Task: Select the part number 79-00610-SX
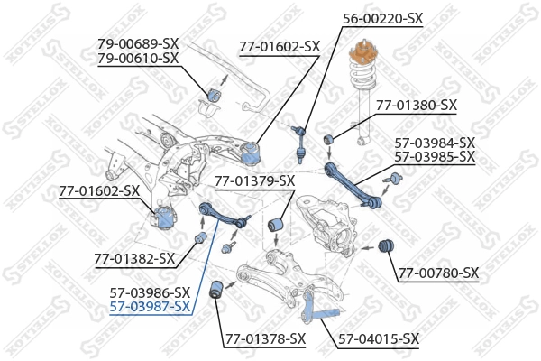coord(138,59)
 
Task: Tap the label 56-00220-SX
coord(382,18)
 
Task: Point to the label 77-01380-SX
coord(416,106)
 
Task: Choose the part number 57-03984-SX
coord(434,143)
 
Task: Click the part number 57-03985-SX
coord(434,157)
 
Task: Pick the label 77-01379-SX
coord(254,181)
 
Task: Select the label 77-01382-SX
coord(134,259)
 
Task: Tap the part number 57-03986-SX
coord(150,292)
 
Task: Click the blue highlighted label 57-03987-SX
coord(150,307)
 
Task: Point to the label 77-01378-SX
coord(265,339)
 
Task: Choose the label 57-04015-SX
coord(379,339)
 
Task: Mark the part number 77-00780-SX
coord(439,273)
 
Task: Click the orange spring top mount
coord(363,63)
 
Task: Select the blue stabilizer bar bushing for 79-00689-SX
coord(215,94)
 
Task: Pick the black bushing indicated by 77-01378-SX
coord(216,290)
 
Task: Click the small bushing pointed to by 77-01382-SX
coord(201,237)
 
